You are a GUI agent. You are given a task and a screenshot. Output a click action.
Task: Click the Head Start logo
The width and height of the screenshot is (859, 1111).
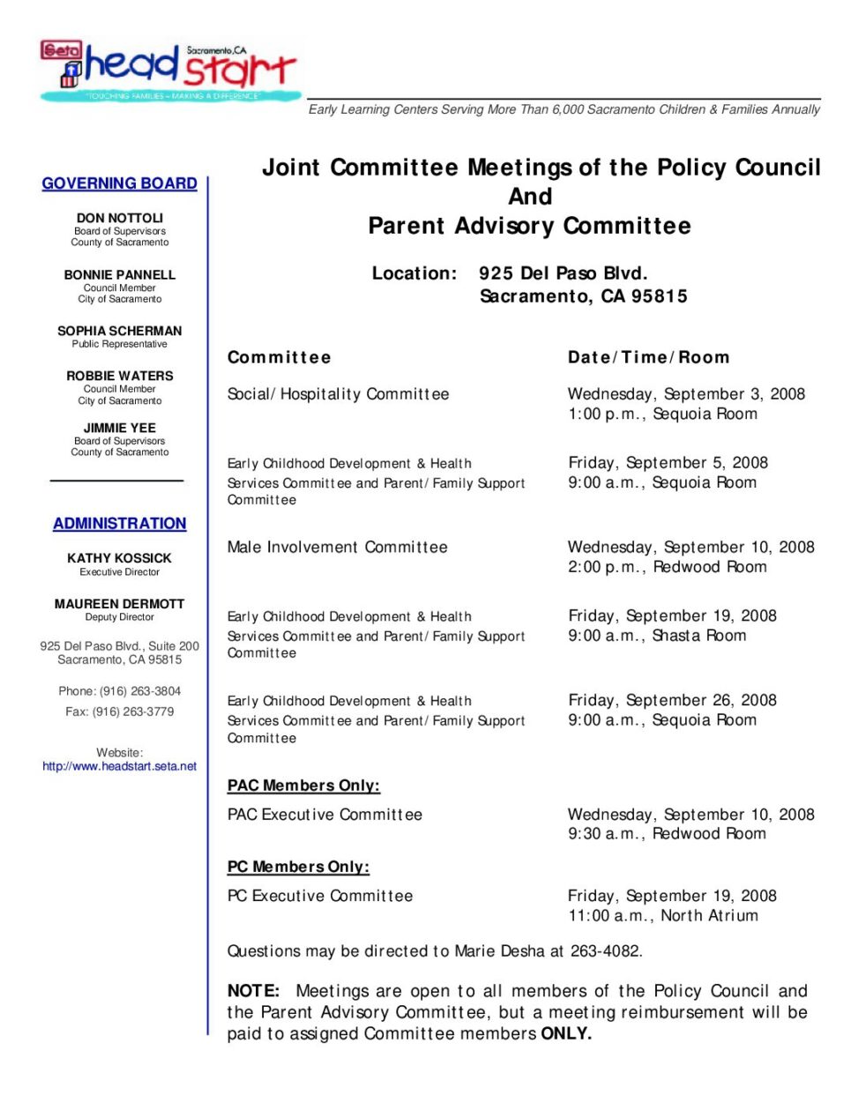point(169,70)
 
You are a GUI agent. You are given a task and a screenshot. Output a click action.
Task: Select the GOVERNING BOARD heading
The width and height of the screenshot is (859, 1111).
point(119,183)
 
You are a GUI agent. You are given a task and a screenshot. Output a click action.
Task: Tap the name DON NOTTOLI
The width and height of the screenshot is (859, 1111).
point(120,218)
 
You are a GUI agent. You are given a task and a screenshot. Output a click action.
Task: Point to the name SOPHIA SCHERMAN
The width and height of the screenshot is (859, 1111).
point(120,331)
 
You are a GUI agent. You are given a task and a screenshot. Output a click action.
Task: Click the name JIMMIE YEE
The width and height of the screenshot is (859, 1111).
point(120,428)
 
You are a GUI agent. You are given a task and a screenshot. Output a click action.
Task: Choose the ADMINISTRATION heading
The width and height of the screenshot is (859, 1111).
point(119,524)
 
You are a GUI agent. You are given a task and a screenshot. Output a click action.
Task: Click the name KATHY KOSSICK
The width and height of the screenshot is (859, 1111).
point(120,558)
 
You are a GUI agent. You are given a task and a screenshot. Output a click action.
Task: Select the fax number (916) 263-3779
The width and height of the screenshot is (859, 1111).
point(133,712)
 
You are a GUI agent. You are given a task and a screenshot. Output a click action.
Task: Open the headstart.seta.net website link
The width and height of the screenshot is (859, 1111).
point(120,766)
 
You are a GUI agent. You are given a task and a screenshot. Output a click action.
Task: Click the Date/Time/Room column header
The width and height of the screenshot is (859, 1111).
point(648,357)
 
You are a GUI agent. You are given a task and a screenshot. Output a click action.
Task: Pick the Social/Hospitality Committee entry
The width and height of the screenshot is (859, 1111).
point(338,394)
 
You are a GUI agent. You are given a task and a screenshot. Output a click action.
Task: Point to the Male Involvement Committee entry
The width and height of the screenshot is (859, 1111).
point(337,548)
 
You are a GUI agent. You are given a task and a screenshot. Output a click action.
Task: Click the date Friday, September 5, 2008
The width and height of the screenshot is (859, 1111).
point(668,463)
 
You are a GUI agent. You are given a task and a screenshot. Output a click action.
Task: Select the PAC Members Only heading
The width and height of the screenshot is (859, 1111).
point(303,786)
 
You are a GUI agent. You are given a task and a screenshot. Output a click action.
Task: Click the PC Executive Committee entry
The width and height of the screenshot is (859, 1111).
point(320,896)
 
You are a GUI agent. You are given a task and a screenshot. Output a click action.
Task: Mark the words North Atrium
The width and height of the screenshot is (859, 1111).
point(709,916)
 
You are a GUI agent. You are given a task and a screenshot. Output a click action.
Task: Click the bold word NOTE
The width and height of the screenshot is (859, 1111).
point(252,991)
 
